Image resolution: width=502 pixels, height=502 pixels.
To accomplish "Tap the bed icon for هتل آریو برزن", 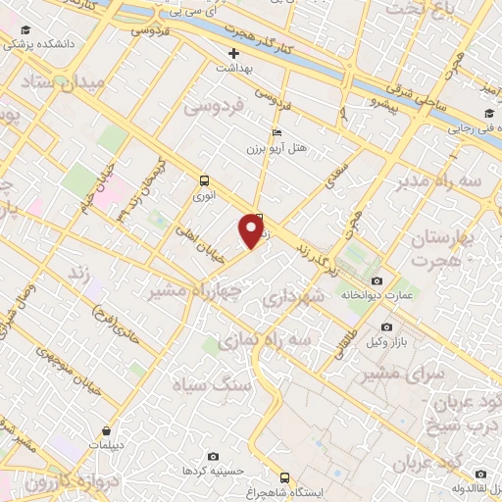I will [276, 132].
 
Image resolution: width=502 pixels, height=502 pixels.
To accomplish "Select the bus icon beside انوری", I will [204, 180].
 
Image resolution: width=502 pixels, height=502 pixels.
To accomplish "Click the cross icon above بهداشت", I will [233, 53].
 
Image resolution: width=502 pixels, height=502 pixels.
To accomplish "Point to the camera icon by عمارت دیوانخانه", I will [377, 281].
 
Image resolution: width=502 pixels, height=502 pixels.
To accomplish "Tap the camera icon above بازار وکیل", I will [387, 326].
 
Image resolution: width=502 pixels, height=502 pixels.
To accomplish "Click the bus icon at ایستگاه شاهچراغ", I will [284, 478].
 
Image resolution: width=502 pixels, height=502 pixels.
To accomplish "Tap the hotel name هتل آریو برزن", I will [277, 149].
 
